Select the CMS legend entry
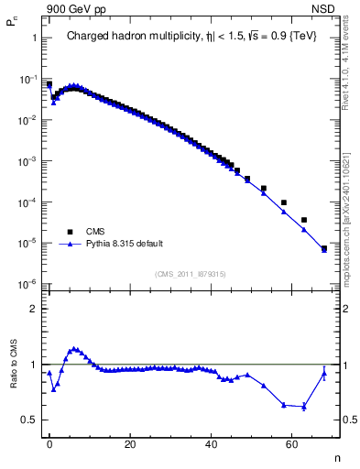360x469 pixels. click(x=95, y=232)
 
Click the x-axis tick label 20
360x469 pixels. click(x=130, y=443)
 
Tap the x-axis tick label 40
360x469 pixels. click(x=212, y=443)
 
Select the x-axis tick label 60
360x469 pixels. click(x=292, y=443)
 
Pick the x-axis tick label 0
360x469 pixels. click(x=49, y=443)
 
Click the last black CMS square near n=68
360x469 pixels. click(x=324, y=248)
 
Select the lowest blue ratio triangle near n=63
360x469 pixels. click(x=304, y=406)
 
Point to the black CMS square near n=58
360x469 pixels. click(x=284, y=202)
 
